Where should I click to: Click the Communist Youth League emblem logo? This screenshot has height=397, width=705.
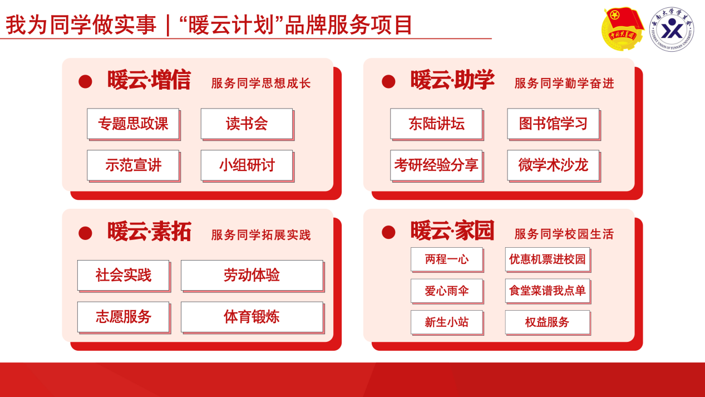pos(623,29)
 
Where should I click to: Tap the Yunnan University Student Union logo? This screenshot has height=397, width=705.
pos(672,30)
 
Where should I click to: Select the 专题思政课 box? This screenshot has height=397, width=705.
pos(134,124)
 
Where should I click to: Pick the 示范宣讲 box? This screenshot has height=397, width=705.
pos(134,165)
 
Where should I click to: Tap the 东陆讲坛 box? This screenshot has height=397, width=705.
pos(437,124)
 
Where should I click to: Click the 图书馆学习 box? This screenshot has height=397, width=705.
pos(554,124)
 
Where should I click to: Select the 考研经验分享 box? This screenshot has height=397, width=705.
pos(437,165)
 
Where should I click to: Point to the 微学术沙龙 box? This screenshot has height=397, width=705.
pos(554,165)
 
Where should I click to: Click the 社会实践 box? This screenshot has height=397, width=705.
pos(124,276)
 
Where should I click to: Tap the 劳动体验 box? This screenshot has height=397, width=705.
pos(253,276)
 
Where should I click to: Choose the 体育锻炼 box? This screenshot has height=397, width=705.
pos(253,317)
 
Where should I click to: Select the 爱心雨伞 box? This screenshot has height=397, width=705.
pos(447,291)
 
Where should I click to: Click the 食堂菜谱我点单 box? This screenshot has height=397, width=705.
pos(548,291)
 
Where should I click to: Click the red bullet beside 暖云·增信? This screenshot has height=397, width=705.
pos(85,81)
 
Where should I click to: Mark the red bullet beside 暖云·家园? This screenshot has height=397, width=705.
pos(388,232)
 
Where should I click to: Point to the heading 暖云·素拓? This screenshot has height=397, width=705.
pos(149,232)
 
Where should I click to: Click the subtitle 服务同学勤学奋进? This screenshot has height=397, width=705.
pos(564,84)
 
